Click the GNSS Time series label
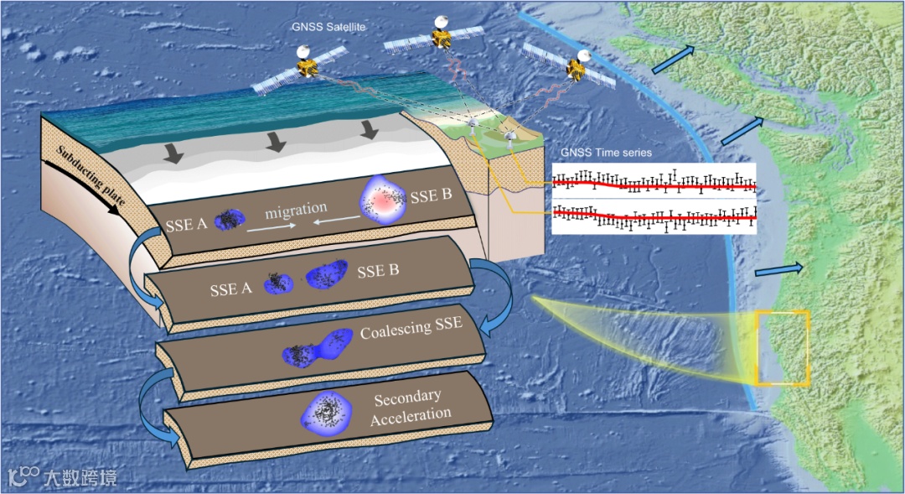(x=605, y=153)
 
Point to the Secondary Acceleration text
(x=410, y=406)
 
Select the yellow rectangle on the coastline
(x=783, y=348)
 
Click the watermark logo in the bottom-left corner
(x=23, y=477)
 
